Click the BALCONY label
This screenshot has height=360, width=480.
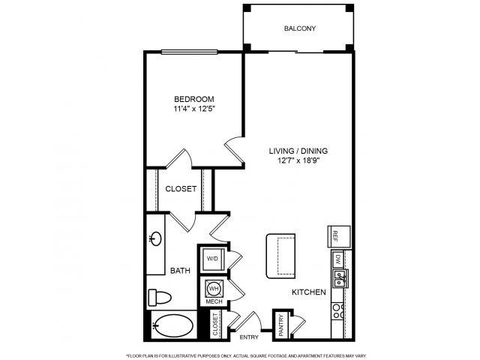pos(299,29)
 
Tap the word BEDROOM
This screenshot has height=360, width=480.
pos(194,99)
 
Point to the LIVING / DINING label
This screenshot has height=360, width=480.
pos(298,151)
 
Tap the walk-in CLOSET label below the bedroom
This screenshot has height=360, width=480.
pos(181,190)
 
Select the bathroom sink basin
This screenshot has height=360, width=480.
pos(155,239)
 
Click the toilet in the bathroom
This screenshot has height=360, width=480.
pos(157,295)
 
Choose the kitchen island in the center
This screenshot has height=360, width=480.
pos(280,255)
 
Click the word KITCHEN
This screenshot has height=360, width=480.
pos(308,292)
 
